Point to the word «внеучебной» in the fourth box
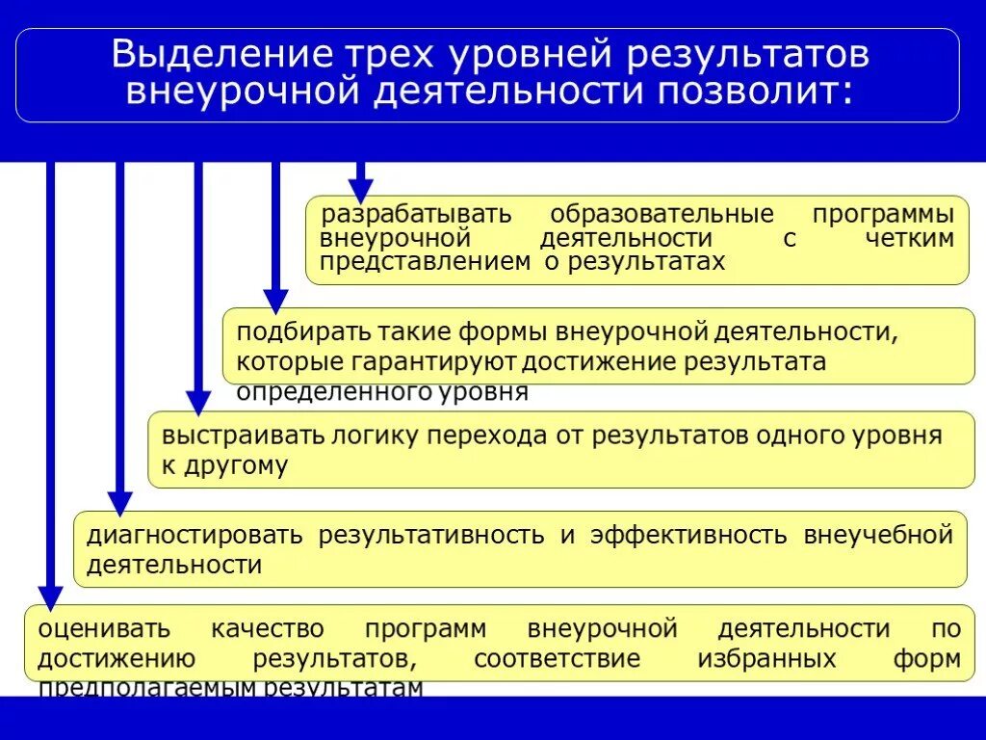(x=878, y=535)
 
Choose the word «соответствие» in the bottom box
(x=558, y=660)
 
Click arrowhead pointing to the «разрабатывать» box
(x=360, y=191)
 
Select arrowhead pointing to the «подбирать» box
(x=275, y=300)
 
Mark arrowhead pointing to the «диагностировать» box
(x=119, y=502)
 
